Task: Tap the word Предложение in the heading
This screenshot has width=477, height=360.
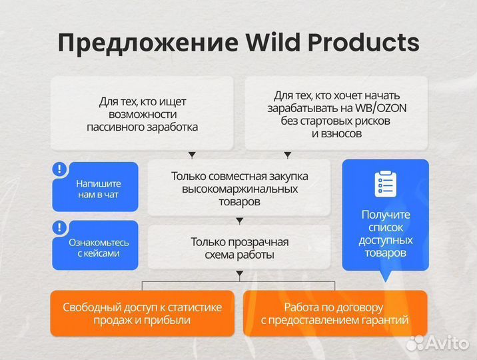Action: (x=147, y=43)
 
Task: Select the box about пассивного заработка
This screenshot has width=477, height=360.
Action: (x=143, y=113)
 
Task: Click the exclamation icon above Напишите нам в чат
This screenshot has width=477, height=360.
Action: (x=60, y=169)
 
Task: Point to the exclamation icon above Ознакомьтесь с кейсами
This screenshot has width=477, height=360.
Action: (x=60, y=227)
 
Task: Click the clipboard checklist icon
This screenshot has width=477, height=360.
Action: (x=385, y=184)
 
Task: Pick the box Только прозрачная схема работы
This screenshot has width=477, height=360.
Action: (x=239, y=248)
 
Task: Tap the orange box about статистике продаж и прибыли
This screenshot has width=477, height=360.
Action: (x=143, y=313)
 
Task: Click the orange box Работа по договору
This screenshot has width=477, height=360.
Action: (x=334, y=313)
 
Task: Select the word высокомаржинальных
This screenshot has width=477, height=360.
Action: (x=239, y=189)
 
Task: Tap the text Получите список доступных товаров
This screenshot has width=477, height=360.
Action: (x=385, y=234)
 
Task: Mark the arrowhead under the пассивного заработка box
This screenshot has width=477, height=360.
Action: (x=192, y=155)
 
